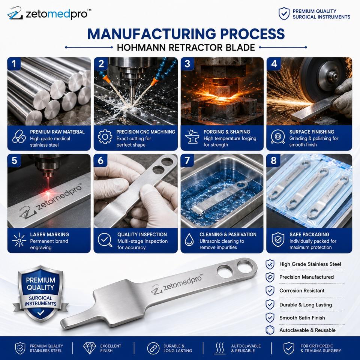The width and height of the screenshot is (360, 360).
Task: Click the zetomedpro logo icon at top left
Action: [x=15, y=13]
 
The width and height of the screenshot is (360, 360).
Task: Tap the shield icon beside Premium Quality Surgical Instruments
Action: [x=284, y=14]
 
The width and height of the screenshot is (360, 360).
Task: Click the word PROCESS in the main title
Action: [x=252, y=34]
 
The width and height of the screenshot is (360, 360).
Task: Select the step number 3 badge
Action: [x=187, y=64]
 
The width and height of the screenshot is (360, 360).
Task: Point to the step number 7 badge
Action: [x=187, y=160]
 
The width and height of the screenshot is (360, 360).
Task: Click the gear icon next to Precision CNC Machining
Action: [x=105, y=137]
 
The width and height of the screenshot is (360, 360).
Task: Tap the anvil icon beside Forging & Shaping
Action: [x=192, y=137]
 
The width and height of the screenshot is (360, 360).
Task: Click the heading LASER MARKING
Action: [x=49, y=234]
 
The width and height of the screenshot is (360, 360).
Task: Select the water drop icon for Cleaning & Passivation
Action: [x=189, y=240]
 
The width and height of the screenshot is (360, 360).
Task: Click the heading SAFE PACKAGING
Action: [x=309, y=234]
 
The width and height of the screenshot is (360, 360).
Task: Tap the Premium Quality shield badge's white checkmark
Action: [x=40, y=312]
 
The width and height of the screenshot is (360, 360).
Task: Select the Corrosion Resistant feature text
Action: [x=301, y=291]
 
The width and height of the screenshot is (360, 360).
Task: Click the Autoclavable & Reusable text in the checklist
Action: [x=307, y=330]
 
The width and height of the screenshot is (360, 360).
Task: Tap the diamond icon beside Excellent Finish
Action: [x=90, y=348]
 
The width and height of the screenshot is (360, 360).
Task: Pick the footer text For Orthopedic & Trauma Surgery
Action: [x=321, y=348]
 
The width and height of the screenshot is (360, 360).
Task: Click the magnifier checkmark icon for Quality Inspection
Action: [x=105, y=240]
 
